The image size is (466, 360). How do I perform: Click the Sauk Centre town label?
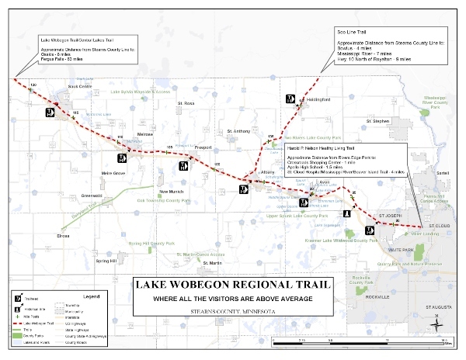tap(80, 87)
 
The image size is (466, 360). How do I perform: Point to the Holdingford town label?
tap(310, 99)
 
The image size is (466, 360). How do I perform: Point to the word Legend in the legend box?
tap(92, 296)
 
